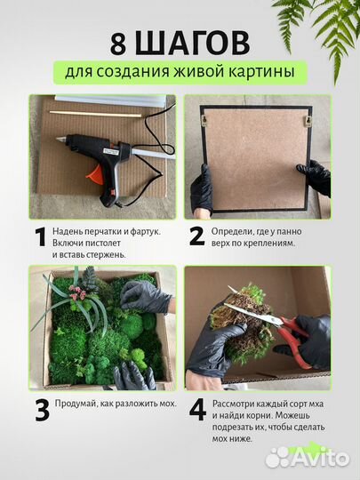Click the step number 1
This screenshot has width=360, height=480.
click(39, 237)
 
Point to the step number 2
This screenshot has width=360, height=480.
click(197, 236)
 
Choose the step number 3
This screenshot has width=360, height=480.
click(41, 410)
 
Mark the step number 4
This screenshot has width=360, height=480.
click(197, 410)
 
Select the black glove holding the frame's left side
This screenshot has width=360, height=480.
click(202, 188)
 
